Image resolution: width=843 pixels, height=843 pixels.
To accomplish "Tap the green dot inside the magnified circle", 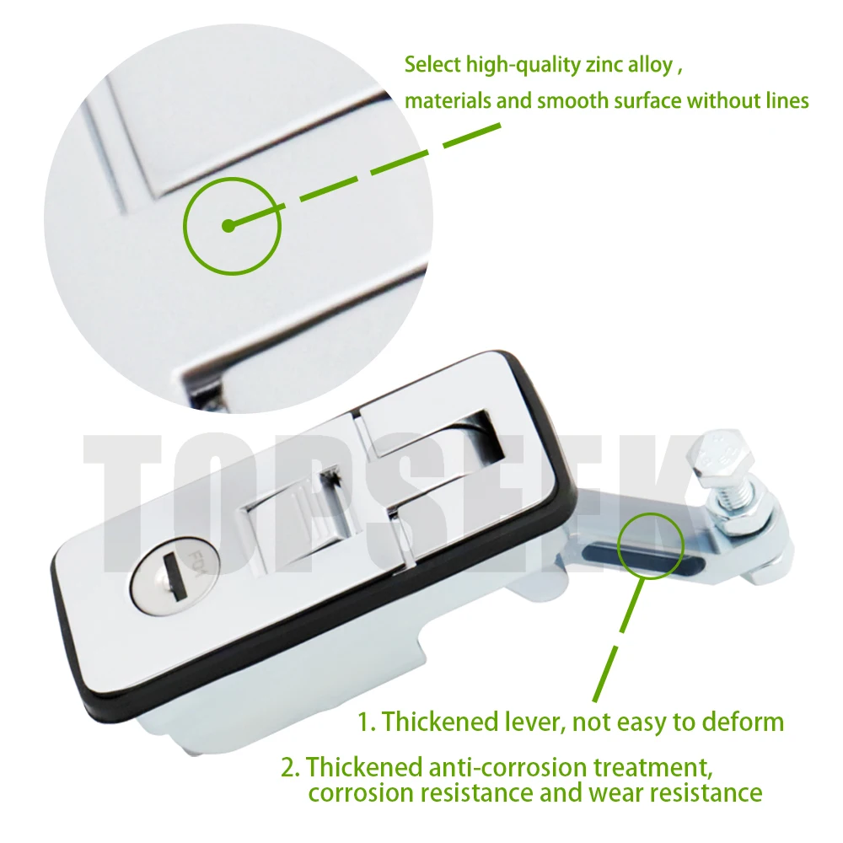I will point(227,226).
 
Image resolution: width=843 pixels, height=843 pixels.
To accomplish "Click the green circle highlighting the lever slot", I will point(650,544).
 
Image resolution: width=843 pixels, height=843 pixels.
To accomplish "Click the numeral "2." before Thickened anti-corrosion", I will point(291,767).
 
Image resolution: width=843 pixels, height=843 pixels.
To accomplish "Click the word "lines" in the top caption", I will point(784,101).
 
